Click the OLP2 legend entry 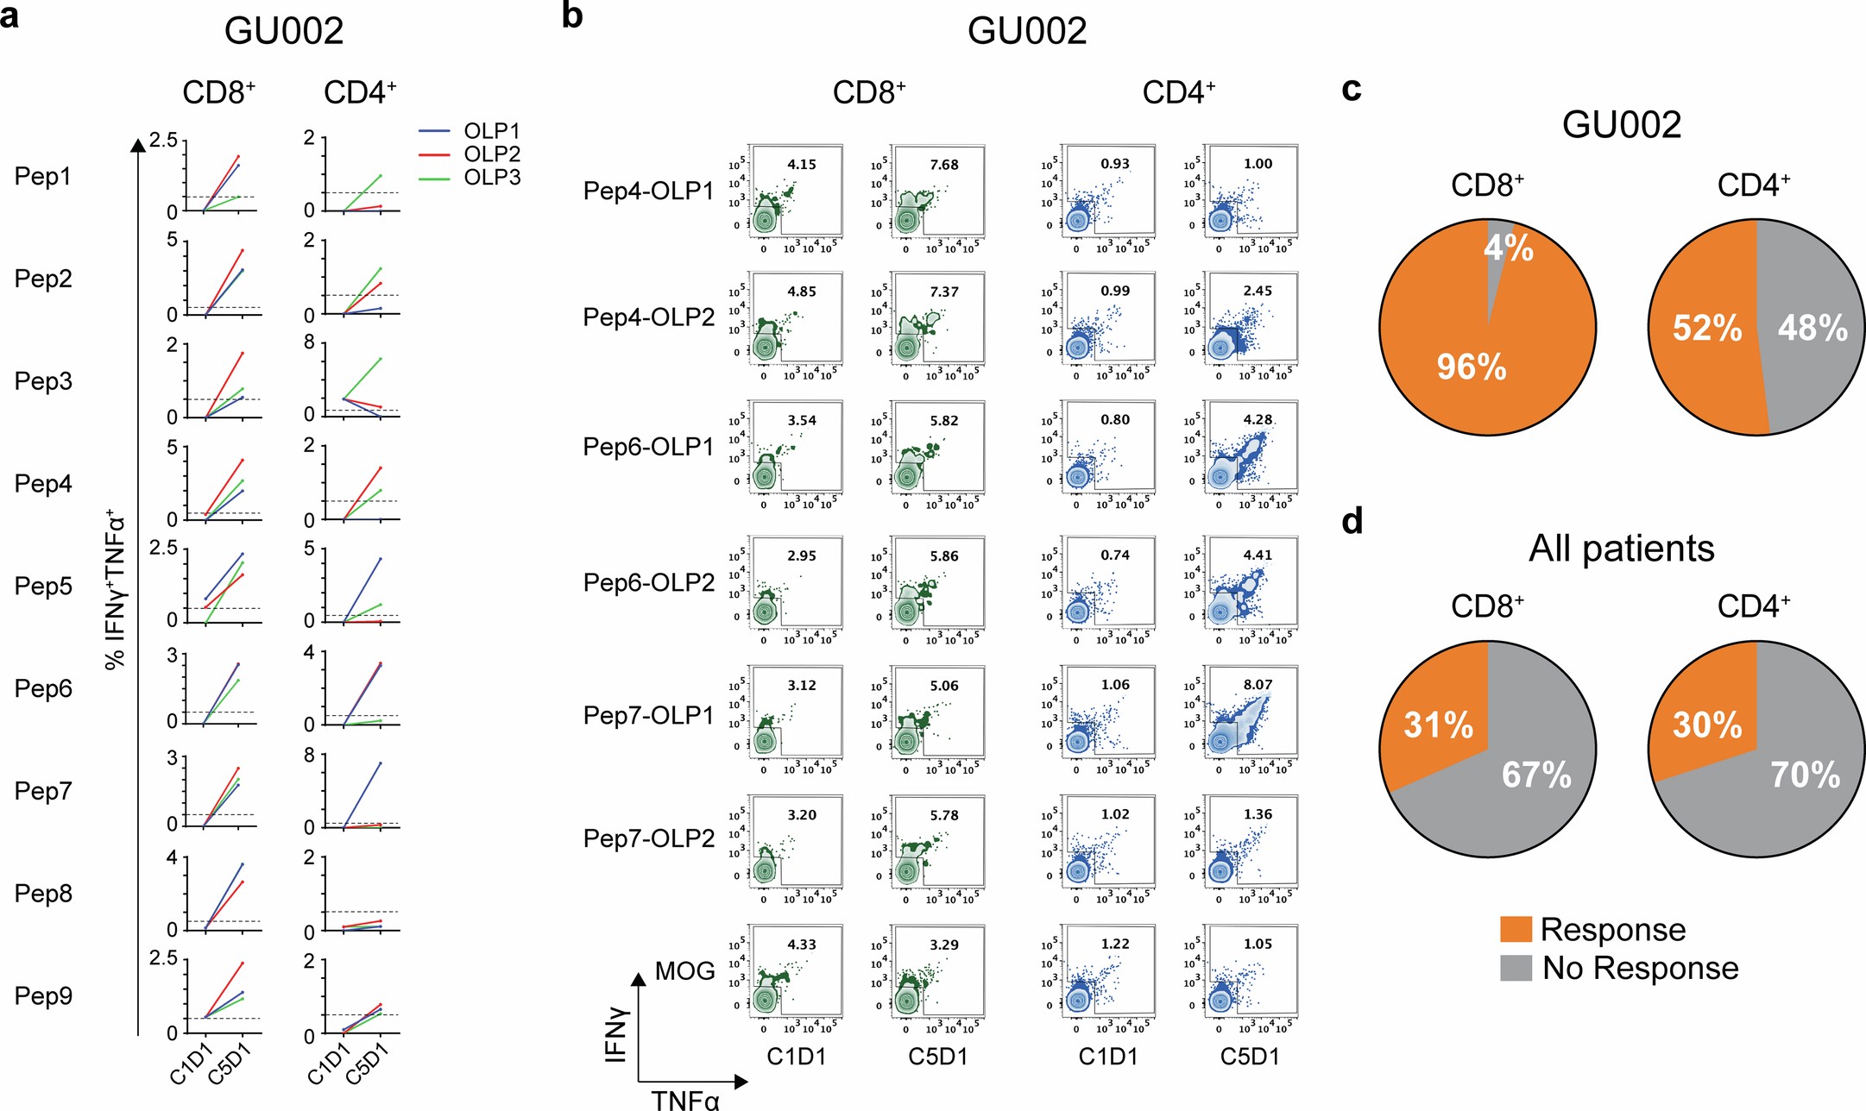tap(492, 154)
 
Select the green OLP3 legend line tap(434, 178)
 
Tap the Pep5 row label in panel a tap(43, 586)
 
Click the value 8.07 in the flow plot tap(1258, 685)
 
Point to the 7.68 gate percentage tap(943, 165)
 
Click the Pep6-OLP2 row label tap(648, 583)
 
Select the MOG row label tap(684, 971)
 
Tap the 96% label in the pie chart tap(1471, 367)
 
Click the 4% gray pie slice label tap(1508, 248)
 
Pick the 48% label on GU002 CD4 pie tap(1812, 328)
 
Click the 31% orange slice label tap(1438, 725)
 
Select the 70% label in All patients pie tap(1805, 775)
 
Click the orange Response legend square tap(1516, 929)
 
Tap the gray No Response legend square tap(1516, 968)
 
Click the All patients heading tap(1621, 549)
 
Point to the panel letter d tap(1352, 521)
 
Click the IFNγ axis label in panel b tap(616, 1034)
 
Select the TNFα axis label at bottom tap(684, 1100)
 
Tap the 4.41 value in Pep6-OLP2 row tap(1258, 555)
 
